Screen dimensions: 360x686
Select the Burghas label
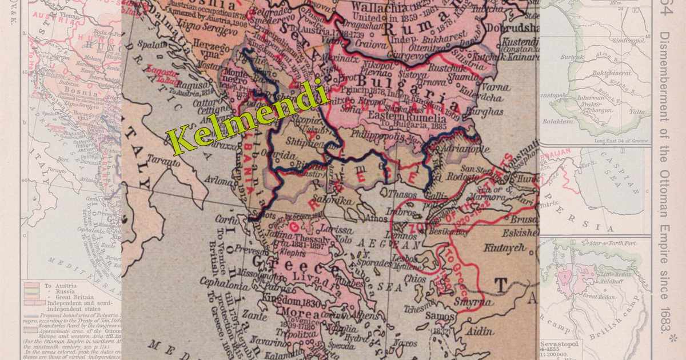point(486,112)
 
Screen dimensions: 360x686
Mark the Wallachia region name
point(377,7)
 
